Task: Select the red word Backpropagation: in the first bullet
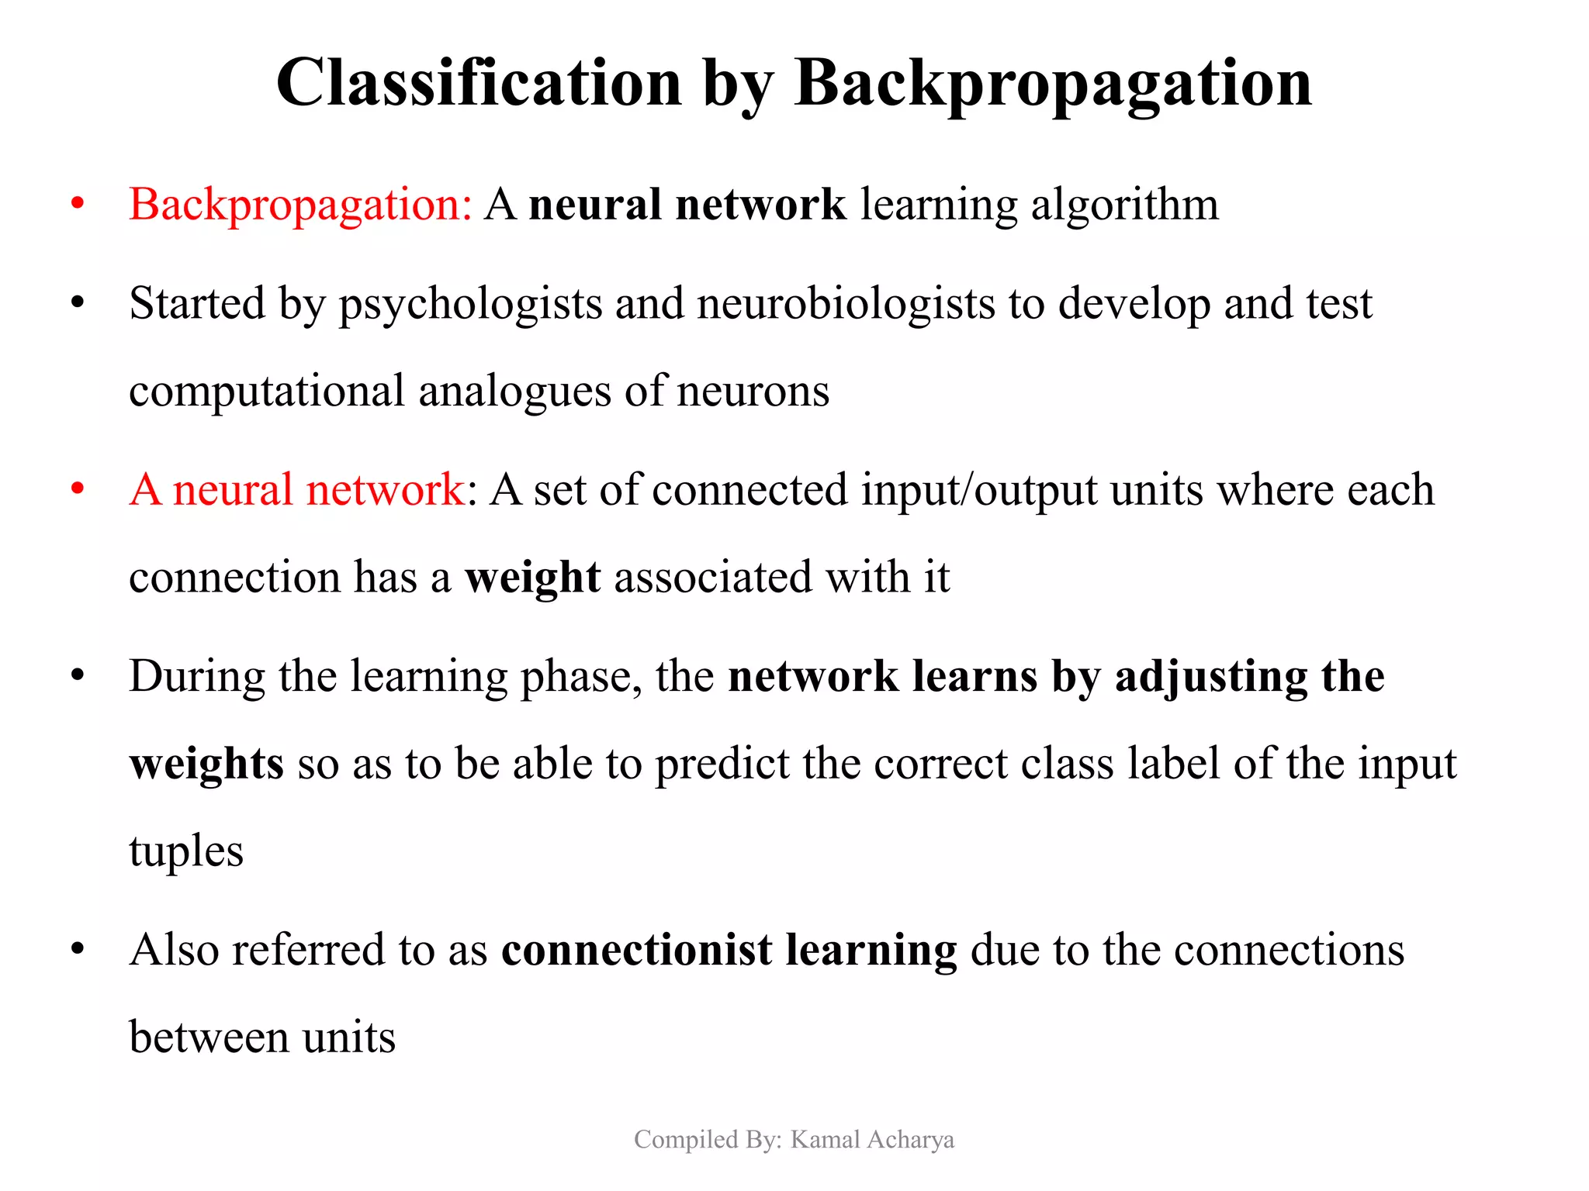point(300,206)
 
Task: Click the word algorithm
point(1124,206)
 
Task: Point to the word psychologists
point(470,305)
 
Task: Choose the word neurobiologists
point(846,305)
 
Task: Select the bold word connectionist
point(636,951)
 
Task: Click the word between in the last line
point(209,1038)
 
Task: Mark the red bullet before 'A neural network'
point(77,490)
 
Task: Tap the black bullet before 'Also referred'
point(77,950)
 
